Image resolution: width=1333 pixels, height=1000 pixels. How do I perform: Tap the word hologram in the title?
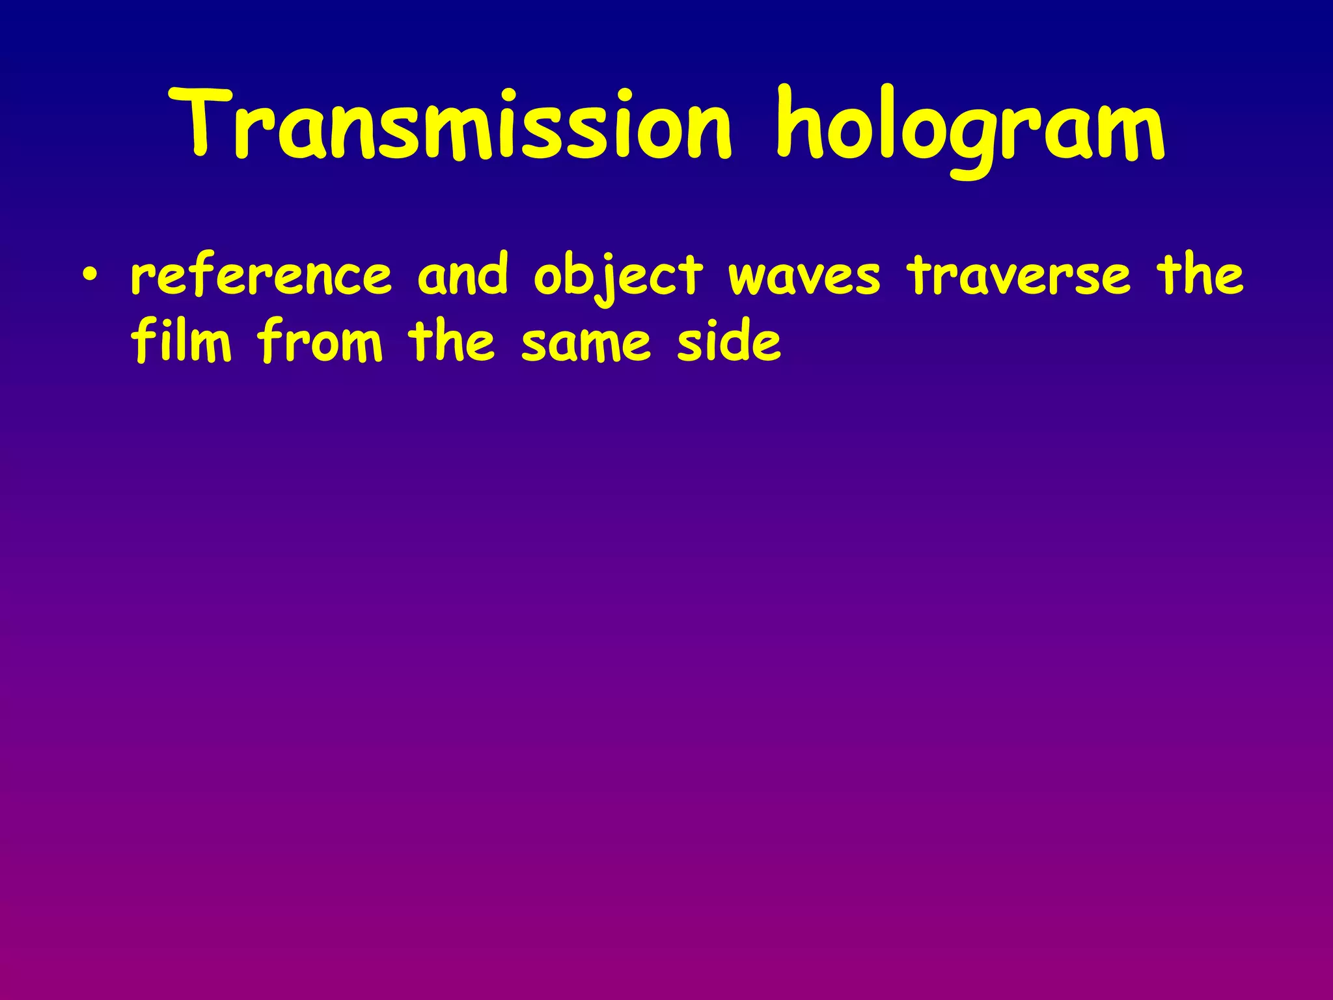coord(970,127)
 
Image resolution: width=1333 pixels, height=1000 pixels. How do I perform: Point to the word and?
coord(462,275)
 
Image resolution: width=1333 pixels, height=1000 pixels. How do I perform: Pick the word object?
coord(618,277)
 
